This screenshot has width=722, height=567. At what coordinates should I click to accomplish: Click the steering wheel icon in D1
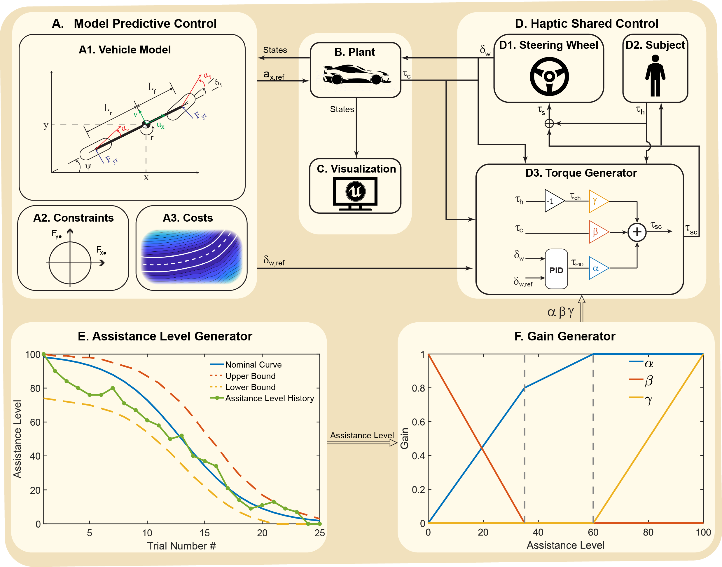click(549, 76)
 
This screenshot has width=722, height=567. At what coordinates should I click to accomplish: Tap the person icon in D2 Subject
click(655, 75)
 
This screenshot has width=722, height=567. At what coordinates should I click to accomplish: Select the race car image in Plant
click(356, 75)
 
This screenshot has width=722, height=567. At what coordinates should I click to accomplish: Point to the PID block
click(556, 269)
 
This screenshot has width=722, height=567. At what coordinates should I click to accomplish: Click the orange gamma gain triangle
click(598, 201)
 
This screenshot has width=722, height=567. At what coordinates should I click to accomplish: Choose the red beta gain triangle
click(598, 232)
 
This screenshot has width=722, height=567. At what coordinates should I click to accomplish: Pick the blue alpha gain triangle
click(598, 268)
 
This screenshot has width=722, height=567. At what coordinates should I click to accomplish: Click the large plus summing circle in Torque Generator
click(637, 232)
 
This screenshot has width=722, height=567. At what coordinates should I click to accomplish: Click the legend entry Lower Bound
click(250, 387)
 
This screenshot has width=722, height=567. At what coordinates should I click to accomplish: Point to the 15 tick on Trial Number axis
click(204, 533)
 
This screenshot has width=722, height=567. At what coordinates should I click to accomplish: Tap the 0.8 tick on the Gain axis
click(418, 388)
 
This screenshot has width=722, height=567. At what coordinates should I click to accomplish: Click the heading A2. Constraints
click(73, 218)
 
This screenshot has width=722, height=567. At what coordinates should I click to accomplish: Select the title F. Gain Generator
click(564, 336)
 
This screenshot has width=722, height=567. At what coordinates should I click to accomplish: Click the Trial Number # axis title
click(181, 546)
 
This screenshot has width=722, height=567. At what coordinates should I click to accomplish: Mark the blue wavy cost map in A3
click(192, 256)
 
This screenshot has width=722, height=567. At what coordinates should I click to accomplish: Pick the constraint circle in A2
click(70, 263)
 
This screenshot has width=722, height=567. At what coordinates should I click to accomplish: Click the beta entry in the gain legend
click(648, 380)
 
